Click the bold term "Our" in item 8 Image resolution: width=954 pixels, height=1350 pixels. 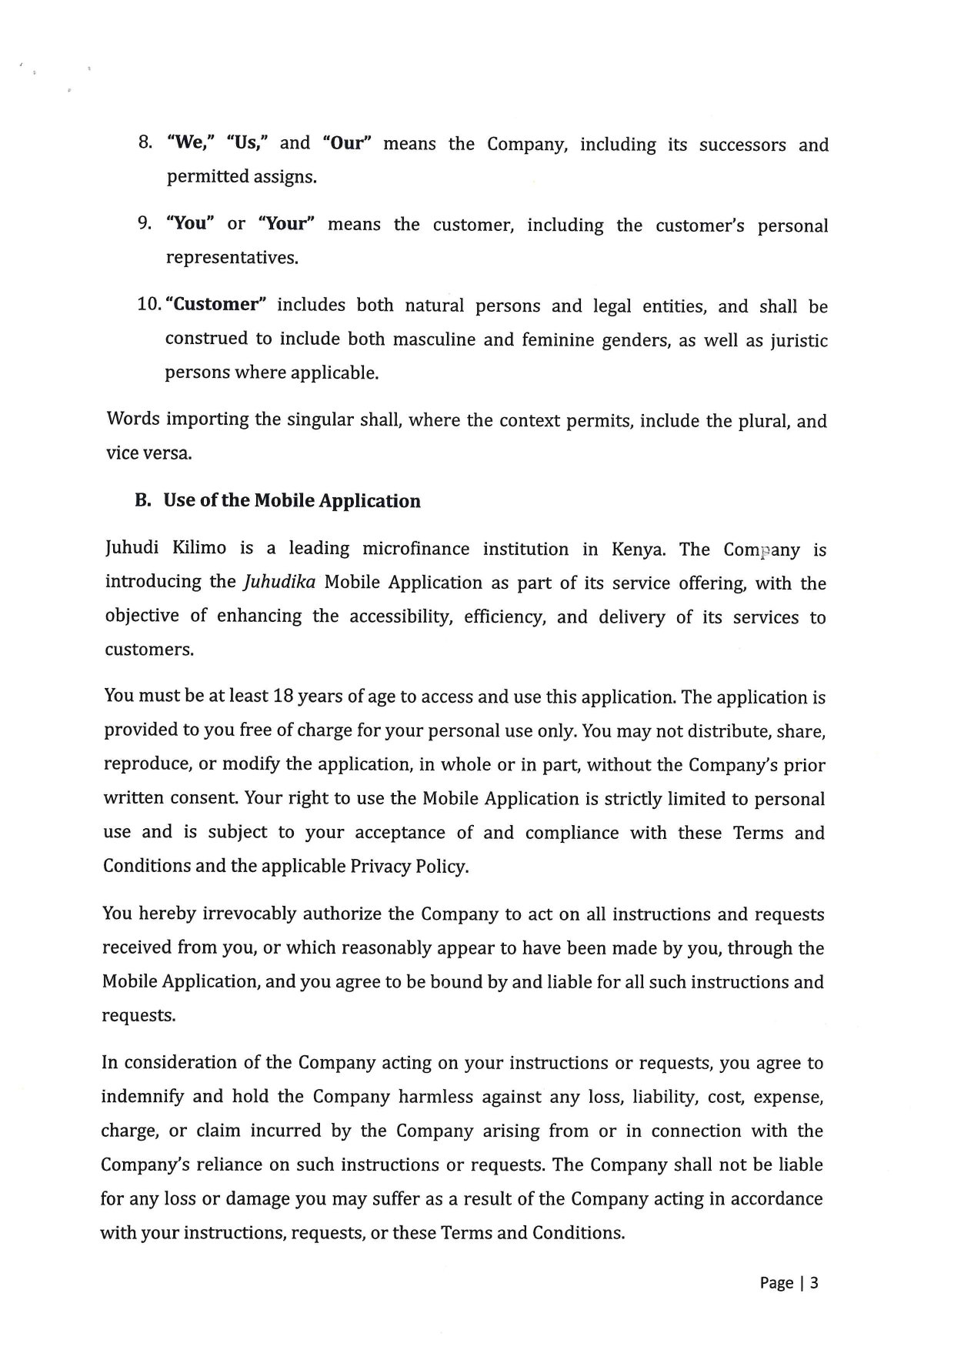coord(348,143)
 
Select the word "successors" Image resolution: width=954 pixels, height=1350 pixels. coord(742,145)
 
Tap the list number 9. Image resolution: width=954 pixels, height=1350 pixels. coord(144,223)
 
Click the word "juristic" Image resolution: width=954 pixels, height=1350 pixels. coord(799,340)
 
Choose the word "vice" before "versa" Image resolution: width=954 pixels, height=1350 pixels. coord(122,453)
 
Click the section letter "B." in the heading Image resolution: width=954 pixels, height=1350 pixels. coord(143,500)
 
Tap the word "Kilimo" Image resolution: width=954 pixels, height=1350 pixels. coord(199,548)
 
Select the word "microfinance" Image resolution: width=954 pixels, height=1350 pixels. coord(415,549)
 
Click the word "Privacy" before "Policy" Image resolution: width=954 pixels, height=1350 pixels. coord(380,866)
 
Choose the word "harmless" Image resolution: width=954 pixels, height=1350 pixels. coord(435,1097)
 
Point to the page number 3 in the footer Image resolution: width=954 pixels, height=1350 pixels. coord(814,1282)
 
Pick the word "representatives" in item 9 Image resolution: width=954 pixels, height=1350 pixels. coord(232,257)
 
